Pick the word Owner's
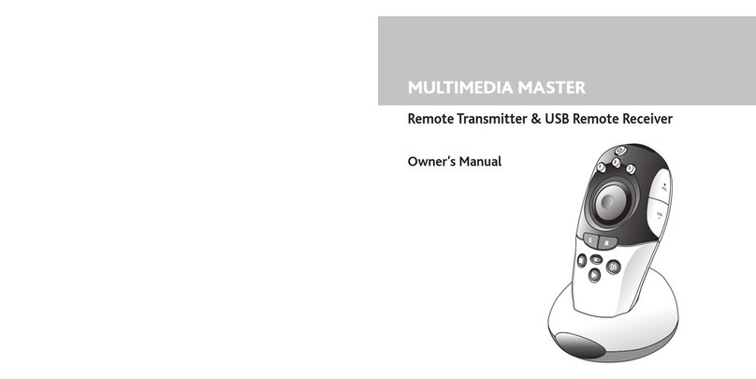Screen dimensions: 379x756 [x=430, y=161]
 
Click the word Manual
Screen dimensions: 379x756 [x=480, y=161]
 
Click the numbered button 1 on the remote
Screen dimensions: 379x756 [x=601, y=168]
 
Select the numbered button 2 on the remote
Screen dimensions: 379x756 [x=617, y=162]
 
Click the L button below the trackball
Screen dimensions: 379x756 [x=589, y=241]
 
